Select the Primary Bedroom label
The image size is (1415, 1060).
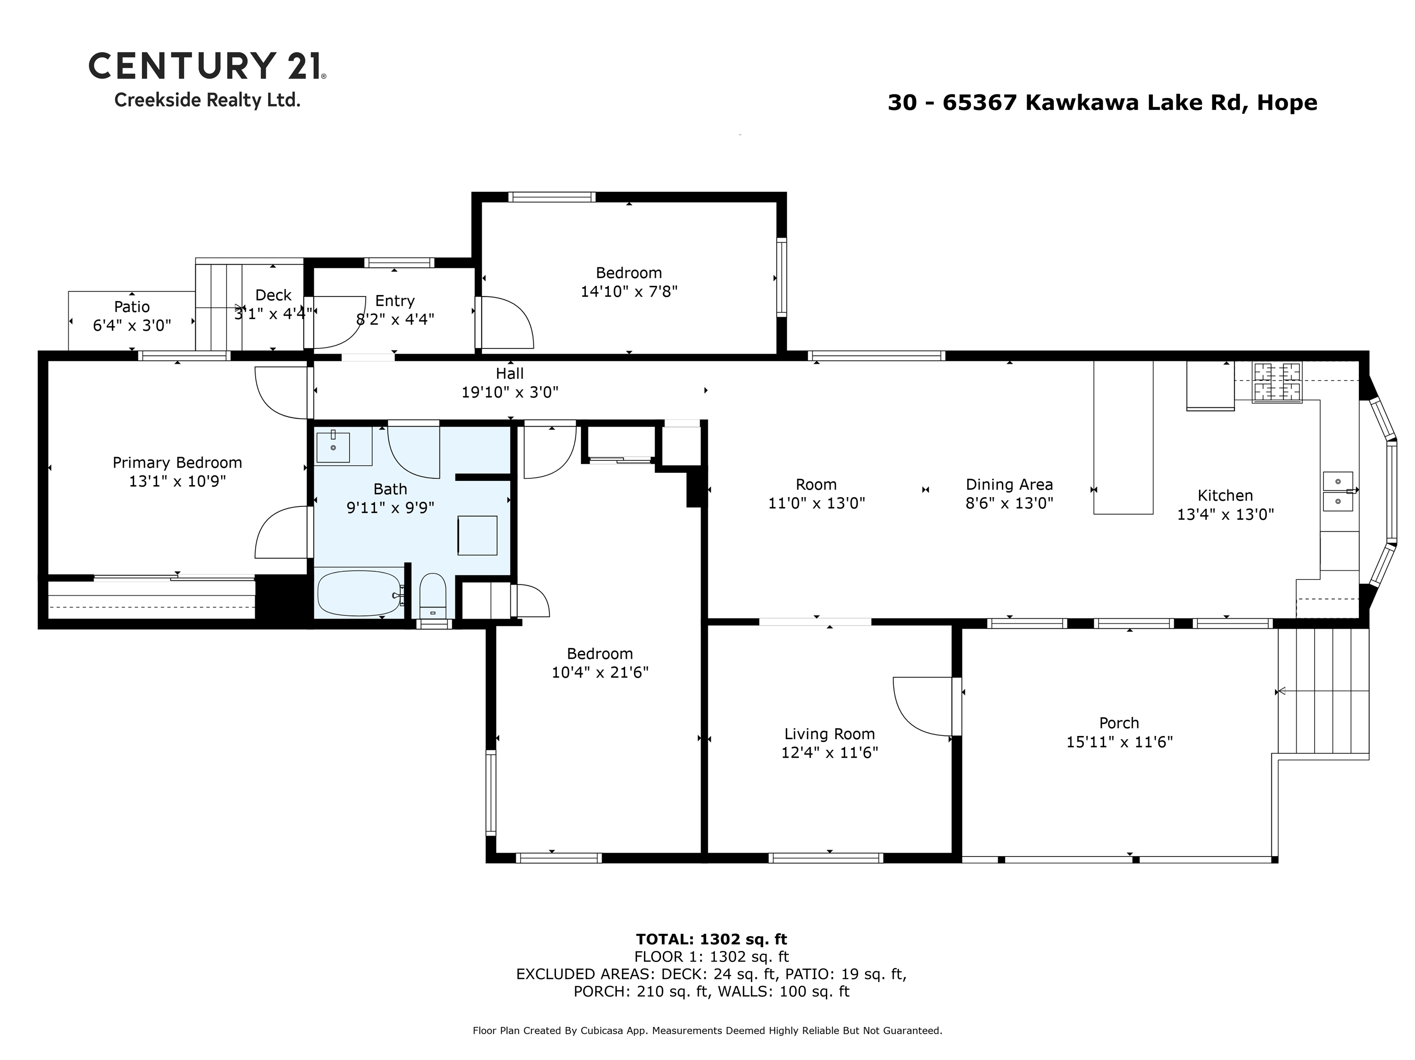[x=177, y=462]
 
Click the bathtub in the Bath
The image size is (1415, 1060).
[x=359, y=593]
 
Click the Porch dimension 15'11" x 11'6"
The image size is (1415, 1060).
[x=1119, y=741]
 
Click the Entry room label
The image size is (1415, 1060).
[x=395, y=301]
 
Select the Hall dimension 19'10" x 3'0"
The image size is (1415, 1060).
[x=510, y=392]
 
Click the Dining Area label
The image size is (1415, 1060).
[x=1009, y=485]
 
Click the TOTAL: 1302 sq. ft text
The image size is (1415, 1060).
[x=711, y=939]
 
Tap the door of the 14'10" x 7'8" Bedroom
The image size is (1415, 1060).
[x=507, y=323]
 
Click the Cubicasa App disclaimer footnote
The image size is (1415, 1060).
[x=707, y=1031]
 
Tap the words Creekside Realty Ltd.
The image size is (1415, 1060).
[x=207, y=100]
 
